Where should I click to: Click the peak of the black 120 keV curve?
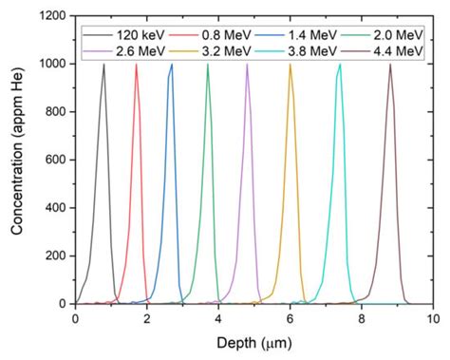pos(103,65)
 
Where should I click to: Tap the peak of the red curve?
pos(136,65)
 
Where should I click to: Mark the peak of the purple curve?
pos(247,65)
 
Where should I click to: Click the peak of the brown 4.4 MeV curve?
pos(390,65)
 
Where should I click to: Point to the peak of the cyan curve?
pos(340,65)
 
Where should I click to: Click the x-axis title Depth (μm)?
pos(253,343)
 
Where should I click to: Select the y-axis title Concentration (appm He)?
pos(16,160)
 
